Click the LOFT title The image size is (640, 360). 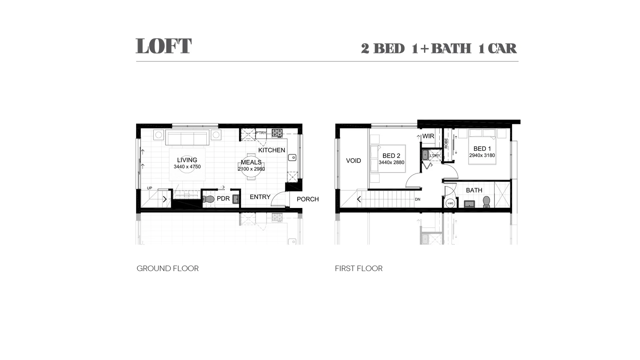[163, 46]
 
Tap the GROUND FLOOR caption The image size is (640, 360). [167, 268]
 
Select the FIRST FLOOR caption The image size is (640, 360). [359, 268]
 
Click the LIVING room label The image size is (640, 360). [187, 160]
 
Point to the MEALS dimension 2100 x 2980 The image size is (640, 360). [251, 169]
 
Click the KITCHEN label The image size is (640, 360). [272, 150]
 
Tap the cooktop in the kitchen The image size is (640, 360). [277, 133]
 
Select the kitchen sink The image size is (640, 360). [292, 157]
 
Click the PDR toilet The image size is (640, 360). [209, 199]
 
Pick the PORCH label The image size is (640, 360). [308, 199]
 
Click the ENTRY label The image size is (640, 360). [260, 197]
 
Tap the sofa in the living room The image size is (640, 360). [187, 138]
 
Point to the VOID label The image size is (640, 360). [353, 161]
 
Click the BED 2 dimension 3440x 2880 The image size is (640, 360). [391, 163]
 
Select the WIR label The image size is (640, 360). [428, 136]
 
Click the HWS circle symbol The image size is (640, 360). [450, 203]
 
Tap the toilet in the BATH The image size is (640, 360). [486, 202]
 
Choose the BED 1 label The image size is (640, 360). [482, 149]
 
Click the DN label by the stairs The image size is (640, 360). [418, 199]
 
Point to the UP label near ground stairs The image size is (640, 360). [149, 188]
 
